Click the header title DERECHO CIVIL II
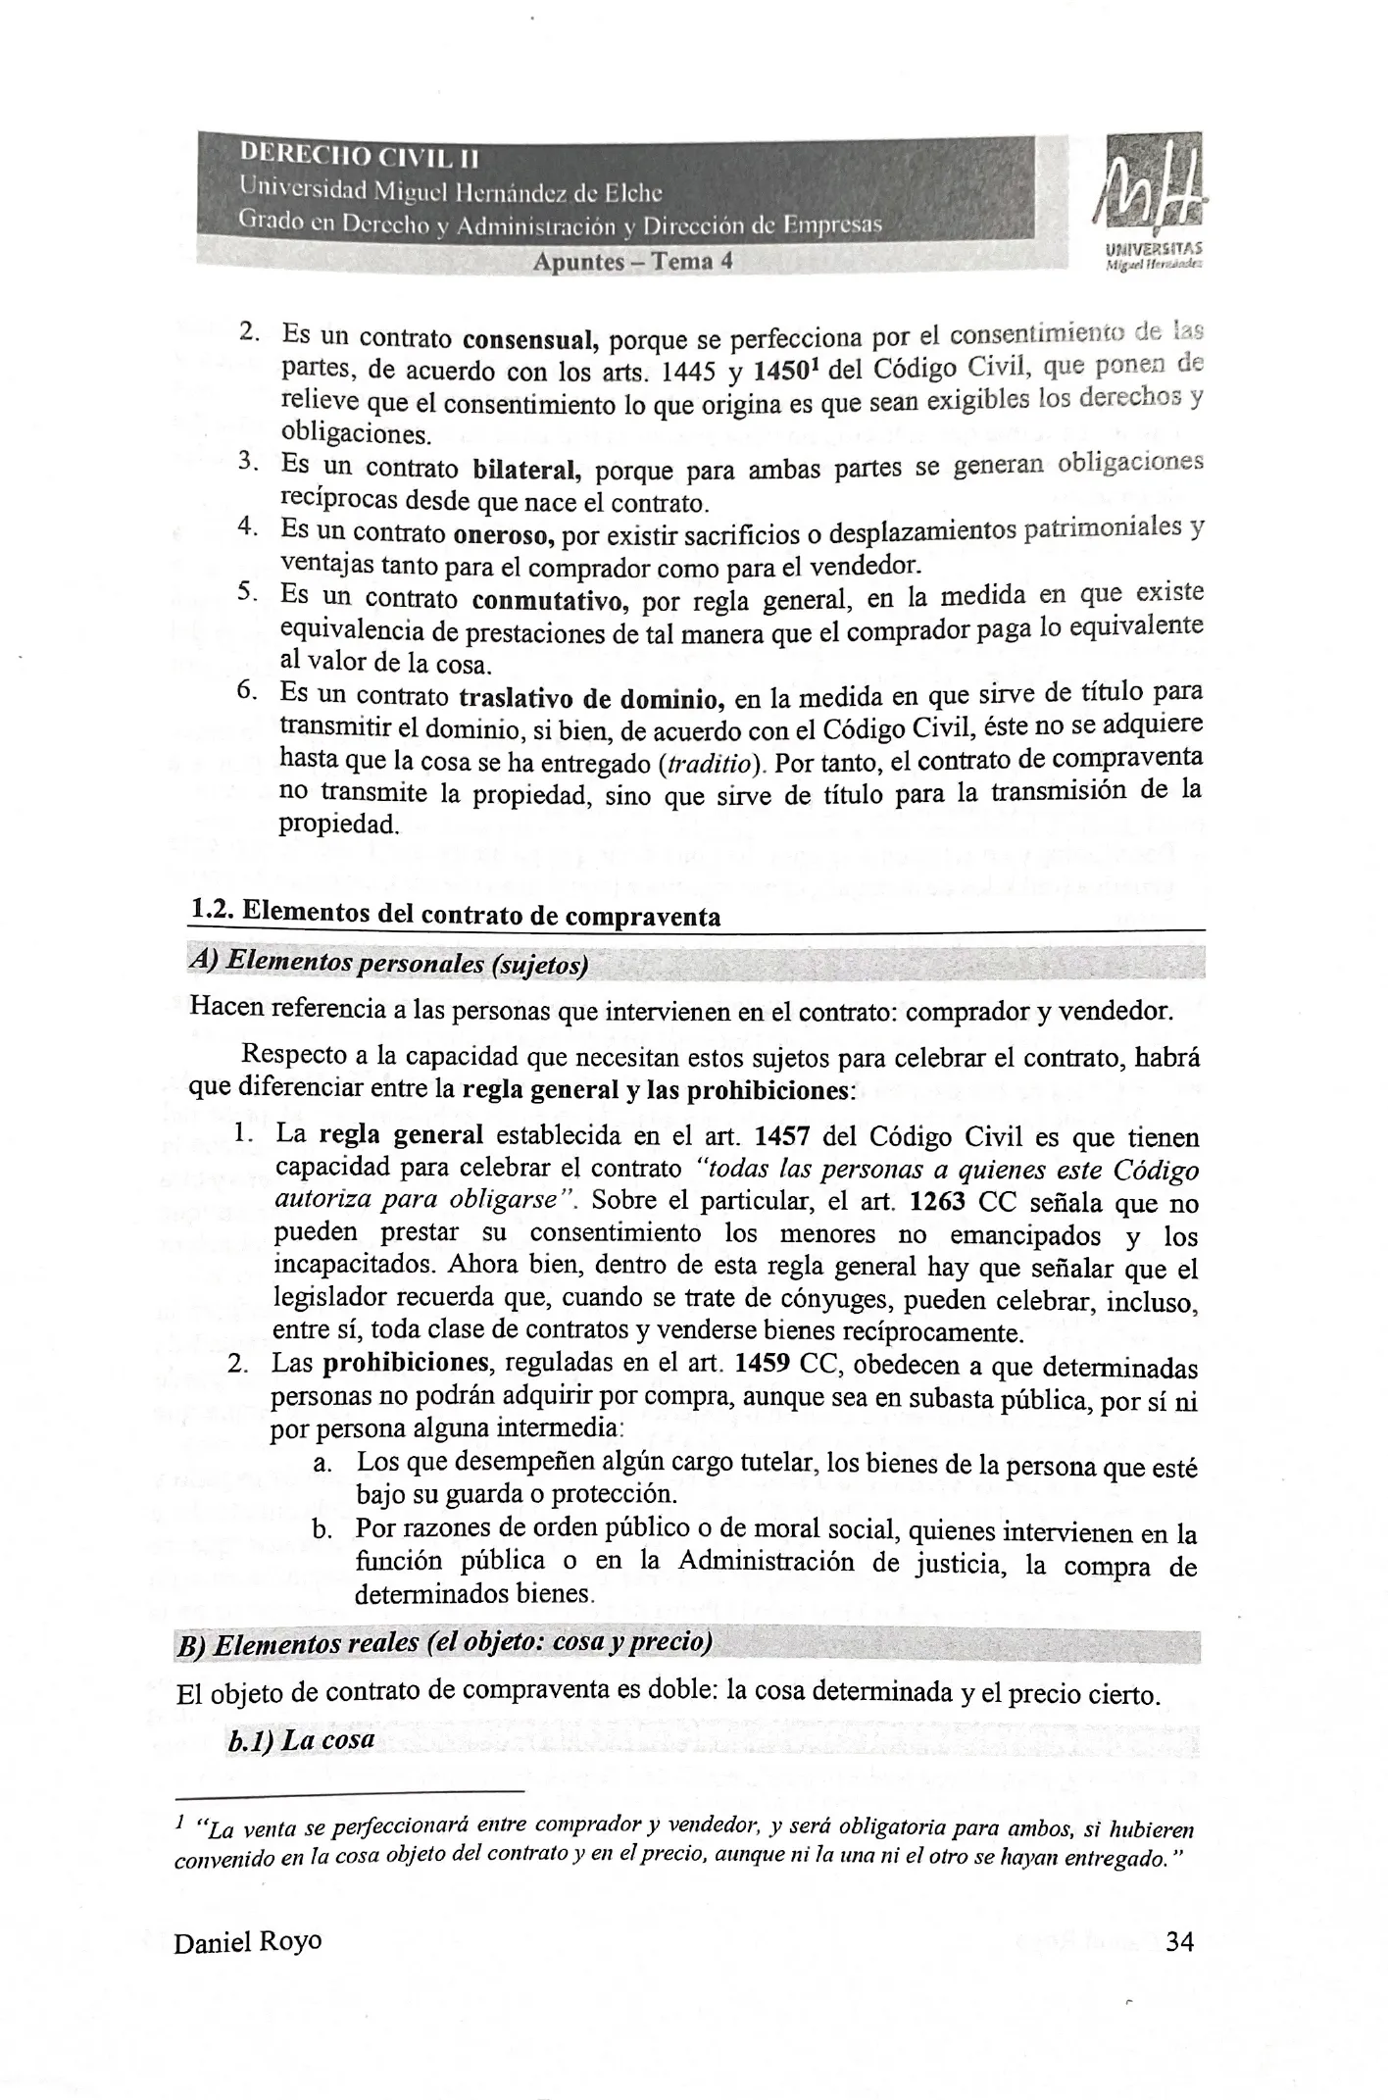[360, 155]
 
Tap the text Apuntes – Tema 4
[632, 262]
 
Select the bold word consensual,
[530, 340]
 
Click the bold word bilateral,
[527, 470]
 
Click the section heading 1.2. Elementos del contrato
[456, 914]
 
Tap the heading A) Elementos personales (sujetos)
[388, 964]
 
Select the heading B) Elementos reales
[443, 1644]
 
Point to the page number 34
[1179, 1941]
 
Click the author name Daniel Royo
[247, 1942]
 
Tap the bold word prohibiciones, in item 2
[406, 1363]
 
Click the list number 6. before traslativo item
[247, 690]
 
